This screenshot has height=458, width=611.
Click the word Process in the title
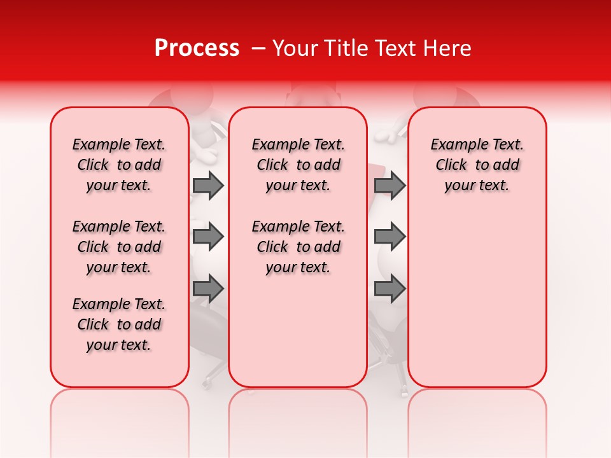coord(197,48)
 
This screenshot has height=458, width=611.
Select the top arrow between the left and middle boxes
coord(208,185)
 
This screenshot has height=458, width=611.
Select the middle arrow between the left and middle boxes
coord(208,237)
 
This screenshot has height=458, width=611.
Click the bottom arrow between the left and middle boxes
coord(208,289)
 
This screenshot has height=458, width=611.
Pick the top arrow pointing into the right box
coord(390,185)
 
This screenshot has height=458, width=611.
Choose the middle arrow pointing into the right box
coord(390,237)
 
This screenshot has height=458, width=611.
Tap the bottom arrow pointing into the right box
coord(390,289)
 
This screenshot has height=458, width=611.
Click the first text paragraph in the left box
coord(119,165)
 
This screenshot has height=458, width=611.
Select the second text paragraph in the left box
coord(119,247)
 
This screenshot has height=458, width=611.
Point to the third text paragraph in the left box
coord(119,324)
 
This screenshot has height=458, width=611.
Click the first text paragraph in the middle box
coord(298,165)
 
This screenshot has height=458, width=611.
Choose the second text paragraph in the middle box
coord(298,247)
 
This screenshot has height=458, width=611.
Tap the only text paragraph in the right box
coord(477,165)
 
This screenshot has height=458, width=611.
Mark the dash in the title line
coord(258,48)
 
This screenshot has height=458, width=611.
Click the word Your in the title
coord(294,48)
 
